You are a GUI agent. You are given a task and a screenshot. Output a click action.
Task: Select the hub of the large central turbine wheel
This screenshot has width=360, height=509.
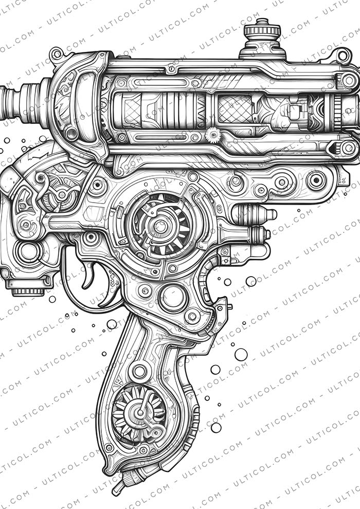(x=160, y=225)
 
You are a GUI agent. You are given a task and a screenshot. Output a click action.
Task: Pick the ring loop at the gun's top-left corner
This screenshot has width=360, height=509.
(x=56, y=53)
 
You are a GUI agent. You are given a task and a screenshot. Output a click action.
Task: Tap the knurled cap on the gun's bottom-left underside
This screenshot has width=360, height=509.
(x=28, y=291)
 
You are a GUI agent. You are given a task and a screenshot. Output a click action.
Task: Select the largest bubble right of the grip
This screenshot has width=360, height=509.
(x=241, y=354)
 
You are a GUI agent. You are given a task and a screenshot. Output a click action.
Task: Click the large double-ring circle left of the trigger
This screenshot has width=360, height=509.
(x=29, y=252)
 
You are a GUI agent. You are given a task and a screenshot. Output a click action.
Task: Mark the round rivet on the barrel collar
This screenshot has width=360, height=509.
(x=71, y=134)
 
